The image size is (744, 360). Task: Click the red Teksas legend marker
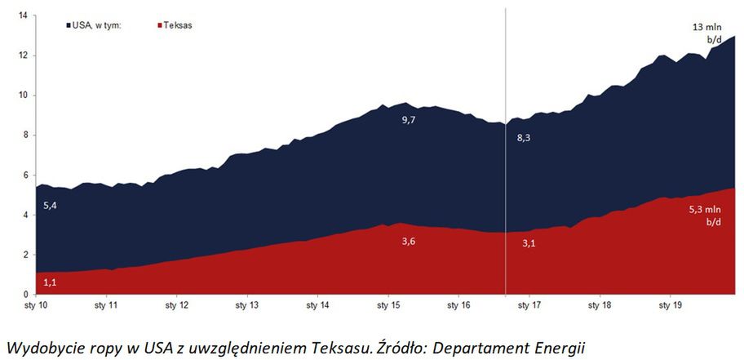pyautogui.click(x=157, y=26)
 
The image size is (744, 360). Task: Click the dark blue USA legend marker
pyautogui.click(x=69, y=26)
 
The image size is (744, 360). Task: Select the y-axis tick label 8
pyautogui.click(x=24, y=136)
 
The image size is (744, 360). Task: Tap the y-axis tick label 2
pyautogui.click(x=24, y=255)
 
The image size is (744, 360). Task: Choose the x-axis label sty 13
pyautogui.click(x=248, y=305)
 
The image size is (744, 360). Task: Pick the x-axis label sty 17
pyautogui.click(x=529, y=305)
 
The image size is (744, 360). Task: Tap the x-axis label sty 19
pyautogui.click(x=671, y=305)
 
